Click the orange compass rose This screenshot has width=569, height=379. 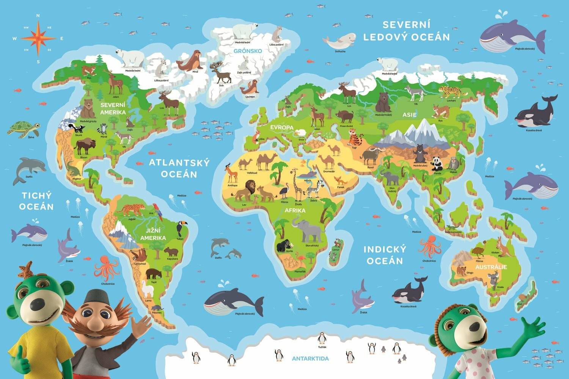(38, 38)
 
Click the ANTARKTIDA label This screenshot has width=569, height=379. (310, 358)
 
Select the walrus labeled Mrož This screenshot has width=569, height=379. (189, 61)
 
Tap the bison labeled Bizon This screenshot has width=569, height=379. (83, 146)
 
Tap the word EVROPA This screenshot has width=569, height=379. (282, 128)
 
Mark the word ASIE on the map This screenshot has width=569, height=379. (410, 114)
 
